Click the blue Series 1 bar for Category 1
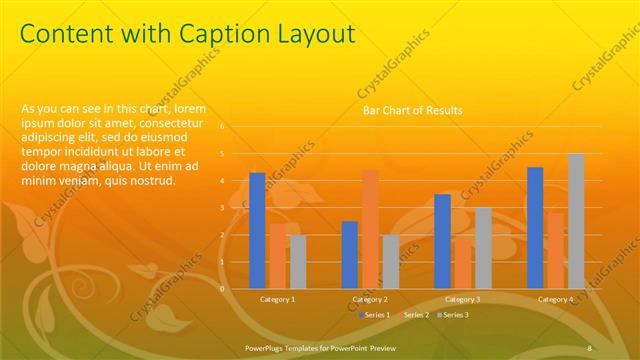(257, 230)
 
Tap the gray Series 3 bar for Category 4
(575, 221)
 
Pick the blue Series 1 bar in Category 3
(442, 241)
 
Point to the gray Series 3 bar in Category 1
(297, 261)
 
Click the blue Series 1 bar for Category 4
(535, 227)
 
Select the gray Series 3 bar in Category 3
(482, 248)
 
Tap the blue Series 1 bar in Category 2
(350, 254)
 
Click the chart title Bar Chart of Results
(412, 110)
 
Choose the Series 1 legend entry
(375, 315)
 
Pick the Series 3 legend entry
(454, 315)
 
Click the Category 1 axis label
(277, 300)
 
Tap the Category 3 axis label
(462, 300)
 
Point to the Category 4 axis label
(555, 300)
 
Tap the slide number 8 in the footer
(590, 348)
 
